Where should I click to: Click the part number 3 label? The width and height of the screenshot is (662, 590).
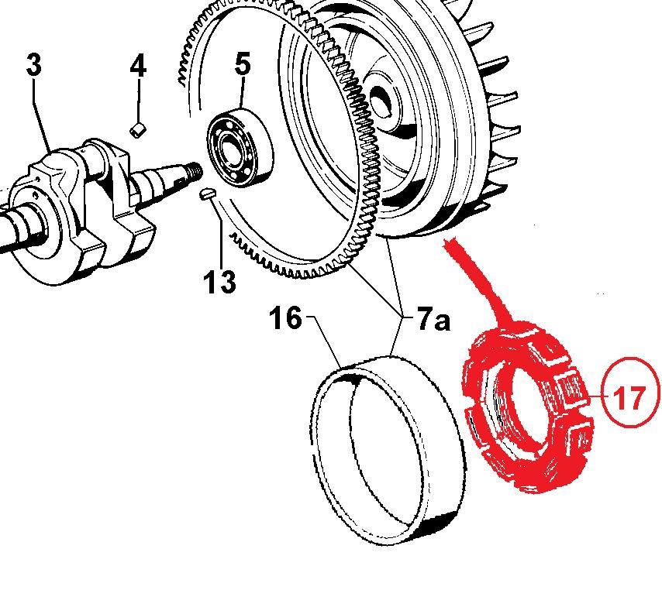[33, 65]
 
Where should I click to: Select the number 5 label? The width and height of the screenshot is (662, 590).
[243, 64]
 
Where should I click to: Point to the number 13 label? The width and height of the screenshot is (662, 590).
[220, 282]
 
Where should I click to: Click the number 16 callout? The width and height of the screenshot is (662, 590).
[285, 317]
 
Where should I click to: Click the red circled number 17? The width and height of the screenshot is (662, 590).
[628, 397]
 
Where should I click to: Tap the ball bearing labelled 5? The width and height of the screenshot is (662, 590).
[238, 147]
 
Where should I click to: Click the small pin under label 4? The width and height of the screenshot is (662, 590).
[138, 129]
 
